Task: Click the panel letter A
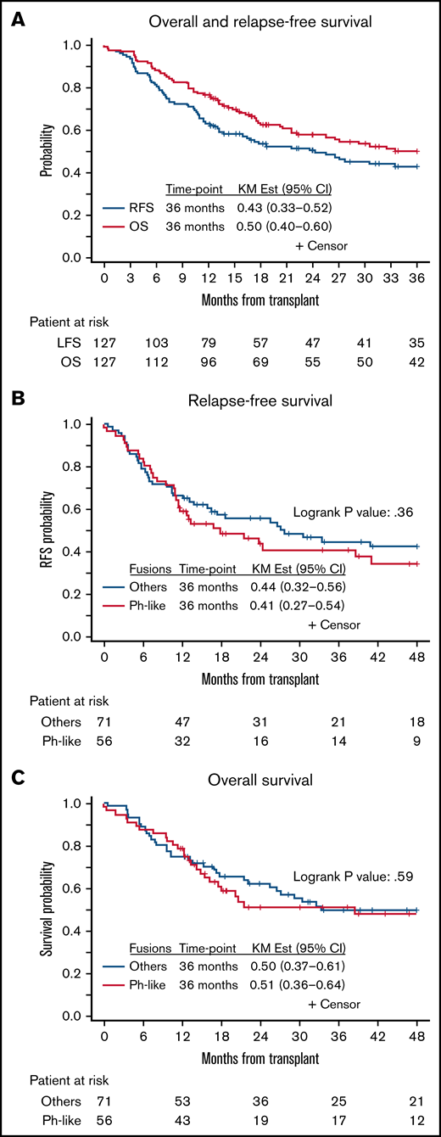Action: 16,19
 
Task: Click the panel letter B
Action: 16,398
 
